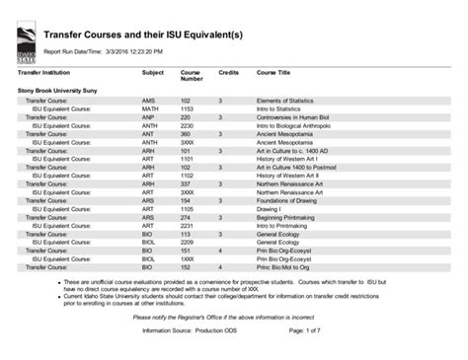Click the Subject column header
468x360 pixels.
pyautogui.click(x=152, y=72)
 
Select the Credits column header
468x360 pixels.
pyautogui.click(x=228, y=72)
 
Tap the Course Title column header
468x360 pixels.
pyautogui.click(x=273, y=72)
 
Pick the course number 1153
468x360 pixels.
pyautogui.click(x=187, y=108)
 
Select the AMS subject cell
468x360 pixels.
pyautogui.click(x=148, y=101)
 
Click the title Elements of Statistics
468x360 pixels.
pyautogui.click(x=285, y=101)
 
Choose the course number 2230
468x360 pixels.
pyautogui.click(x=187, y=125)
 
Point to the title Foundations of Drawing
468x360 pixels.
pyautogui.click(x=288, y=200)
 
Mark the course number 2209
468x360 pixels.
pyautogui.click(x=187, y=242)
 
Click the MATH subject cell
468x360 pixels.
pyautogui.click(x=150, y=108)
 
